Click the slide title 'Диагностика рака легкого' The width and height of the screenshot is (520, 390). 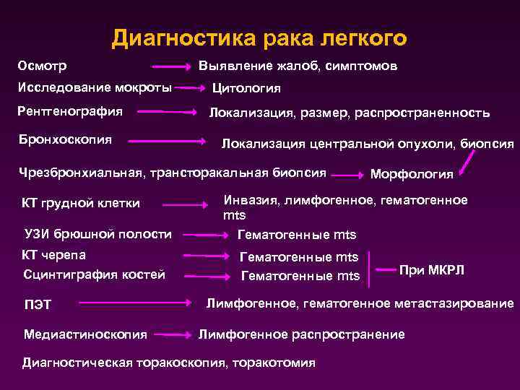pos(259,38)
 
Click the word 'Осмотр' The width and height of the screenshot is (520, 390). pos(43,66)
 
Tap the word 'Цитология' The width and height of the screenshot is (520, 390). pos(246,90)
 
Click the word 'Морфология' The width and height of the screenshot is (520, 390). pos(412,174)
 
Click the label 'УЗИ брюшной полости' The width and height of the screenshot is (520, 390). pos(97,233)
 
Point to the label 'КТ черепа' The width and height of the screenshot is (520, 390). pos(55,255)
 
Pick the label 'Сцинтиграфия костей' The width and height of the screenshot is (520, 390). pos(95,274)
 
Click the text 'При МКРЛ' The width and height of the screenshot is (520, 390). pos(432,269)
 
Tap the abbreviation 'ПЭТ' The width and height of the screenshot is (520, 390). pos(38,304)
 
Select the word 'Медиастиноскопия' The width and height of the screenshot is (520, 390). pos(85,334)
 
